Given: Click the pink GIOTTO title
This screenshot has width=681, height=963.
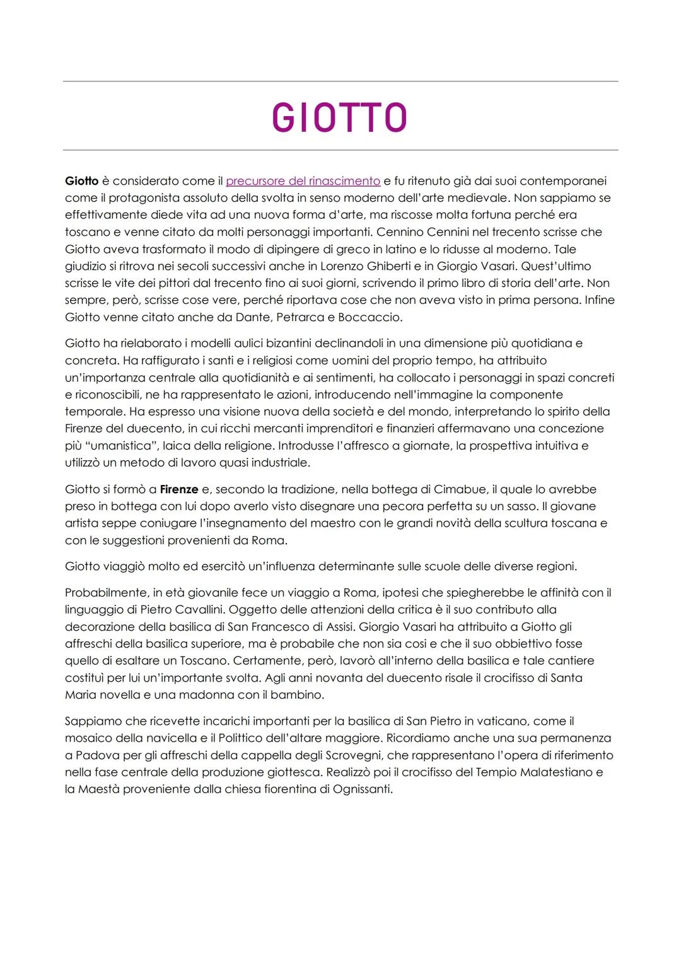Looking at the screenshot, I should click(339, 117).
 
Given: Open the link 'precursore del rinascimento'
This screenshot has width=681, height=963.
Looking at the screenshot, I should click(303, 181).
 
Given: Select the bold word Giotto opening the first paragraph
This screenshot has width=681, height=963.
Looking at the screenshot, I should click(81, 181).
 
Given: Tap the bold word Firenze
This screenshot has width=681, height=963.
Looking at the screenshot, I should click(179, 489).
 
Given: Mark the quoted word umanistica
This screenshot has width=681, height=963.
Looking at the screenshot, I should click(119, 446).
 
